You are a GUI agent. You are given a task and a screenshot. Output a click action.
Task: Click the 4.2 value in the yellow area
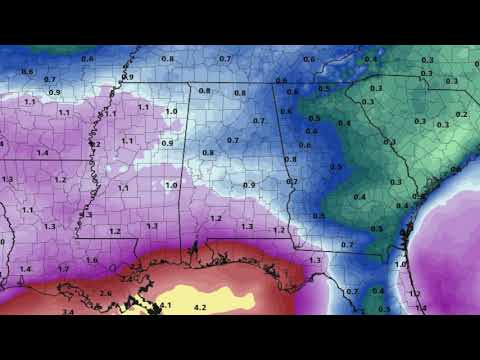tap(200, 306)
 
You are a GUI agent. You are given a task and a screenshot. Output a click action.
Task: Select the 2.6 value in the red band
tap(106, 292)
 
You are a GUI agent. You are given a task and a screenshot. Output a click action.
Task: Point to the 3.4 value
tap(68, 312)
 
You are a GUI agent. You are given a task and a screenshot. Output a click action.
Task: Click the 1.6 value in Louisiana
tap(92, 260)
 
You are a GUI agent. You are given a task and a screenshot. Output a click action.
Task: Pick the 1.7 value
tap(63, 269)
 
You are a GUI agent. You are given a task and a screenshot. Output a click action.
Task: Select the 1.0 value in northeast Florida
tap(401, 264)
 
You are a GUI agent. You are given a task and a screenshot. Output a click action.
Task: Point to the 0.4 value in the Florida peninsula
tap(377, 291)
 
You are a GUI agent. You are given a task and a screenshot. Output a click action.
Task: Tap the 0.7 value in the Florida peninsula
tap(351, 291)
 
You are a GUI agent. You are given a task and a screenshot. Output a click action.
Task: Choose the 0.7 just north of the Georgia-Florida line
tap(347, 245)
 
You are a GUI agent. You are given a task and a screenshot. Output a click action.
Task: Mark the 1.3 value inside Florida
tap(315, 260)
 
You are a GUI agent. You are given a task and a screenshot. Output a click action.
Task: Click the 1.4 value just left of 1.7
tap(26, 269)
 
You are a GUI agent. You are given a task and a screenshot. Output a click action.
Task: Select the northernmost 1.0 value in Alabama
tap(171, 111)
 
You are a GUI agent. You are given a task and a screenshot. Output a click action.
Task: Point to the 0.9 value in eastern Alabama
tap(249, 185)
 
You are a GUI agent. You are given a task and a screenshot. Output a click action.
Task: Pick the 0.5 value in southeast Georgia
tap(376, 229)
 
